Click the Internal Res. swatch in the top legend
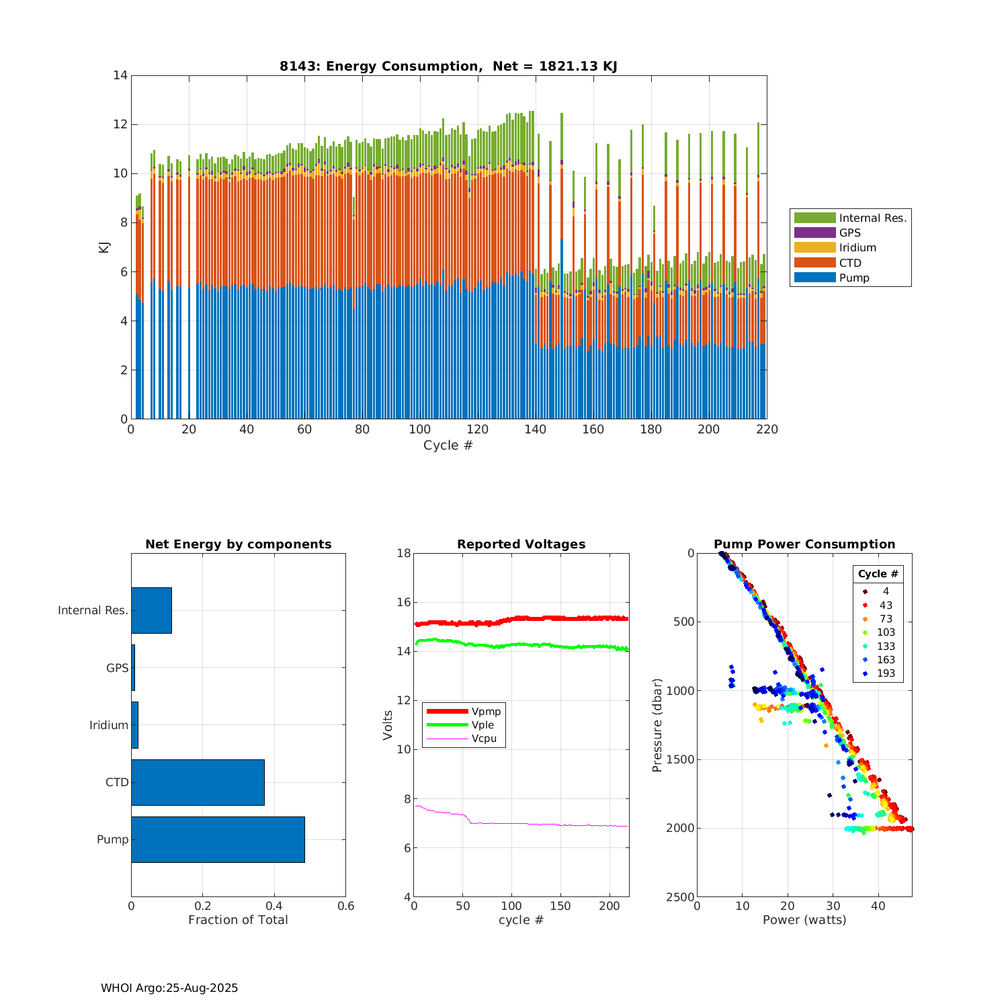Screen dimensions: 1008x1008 [x=814, y=218]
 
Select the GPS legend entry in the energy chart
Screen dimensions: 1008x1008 [x=849, y=233]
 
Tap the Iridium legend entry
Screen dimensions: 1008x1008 [x=857, y=247]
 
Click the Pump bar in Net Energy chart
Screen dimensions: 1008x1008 [x=218, y=839]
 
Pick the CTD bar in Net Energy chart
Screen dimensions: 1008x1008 [x=198, y=782]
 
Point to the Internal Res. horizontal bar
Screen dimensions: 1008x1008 [x=151, y=610]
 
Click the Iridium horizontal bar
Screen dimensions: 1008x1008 [x=134, y=725]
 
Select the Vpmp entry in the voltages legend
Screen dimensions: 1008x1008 [x=486, y=712]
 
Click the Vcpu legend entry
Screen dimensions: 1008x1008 [x=483, y=739]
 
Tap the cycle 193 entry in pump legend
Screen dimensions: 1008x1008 [x=886, y=673]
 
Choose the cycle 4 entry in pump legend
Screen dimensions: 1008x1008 [x=886, y=591]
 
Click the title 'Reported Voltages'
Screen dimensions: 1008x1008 [x=521, y=544]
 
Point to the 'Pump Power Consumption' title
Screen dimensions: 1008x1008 [x=804, y=544]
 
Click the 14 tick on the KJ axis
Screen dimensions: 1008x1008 [x=120, y=75]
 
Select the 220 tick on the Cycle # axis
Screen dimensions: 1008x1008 [x=767, y=429]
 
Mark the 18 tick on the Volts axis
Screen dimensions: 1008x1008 [x=404, y=553]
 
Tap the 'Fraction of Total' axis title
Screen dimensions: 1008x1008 [x=238, y=920]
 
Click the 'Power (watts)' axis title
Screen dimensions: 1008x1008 [x=804, y=920]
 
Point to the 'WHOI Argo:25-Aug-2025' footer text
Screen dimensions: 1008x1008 [x=169, y=988]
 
